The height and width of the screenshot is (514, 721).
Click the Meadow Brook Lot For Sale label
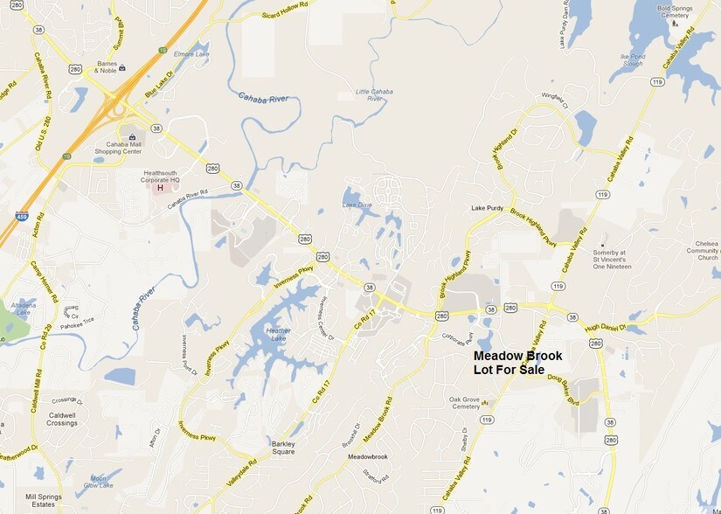coord(517,363)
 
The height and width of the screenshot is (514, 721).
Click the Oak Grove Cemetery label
coord(464,402)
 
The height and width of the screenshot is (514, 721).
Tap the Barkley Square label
coord(282,448)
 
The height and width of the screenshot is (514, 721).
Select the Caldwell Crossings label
coord(63,418)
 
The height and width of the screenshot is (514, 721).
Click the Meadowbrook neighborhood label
coord(367,457)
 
